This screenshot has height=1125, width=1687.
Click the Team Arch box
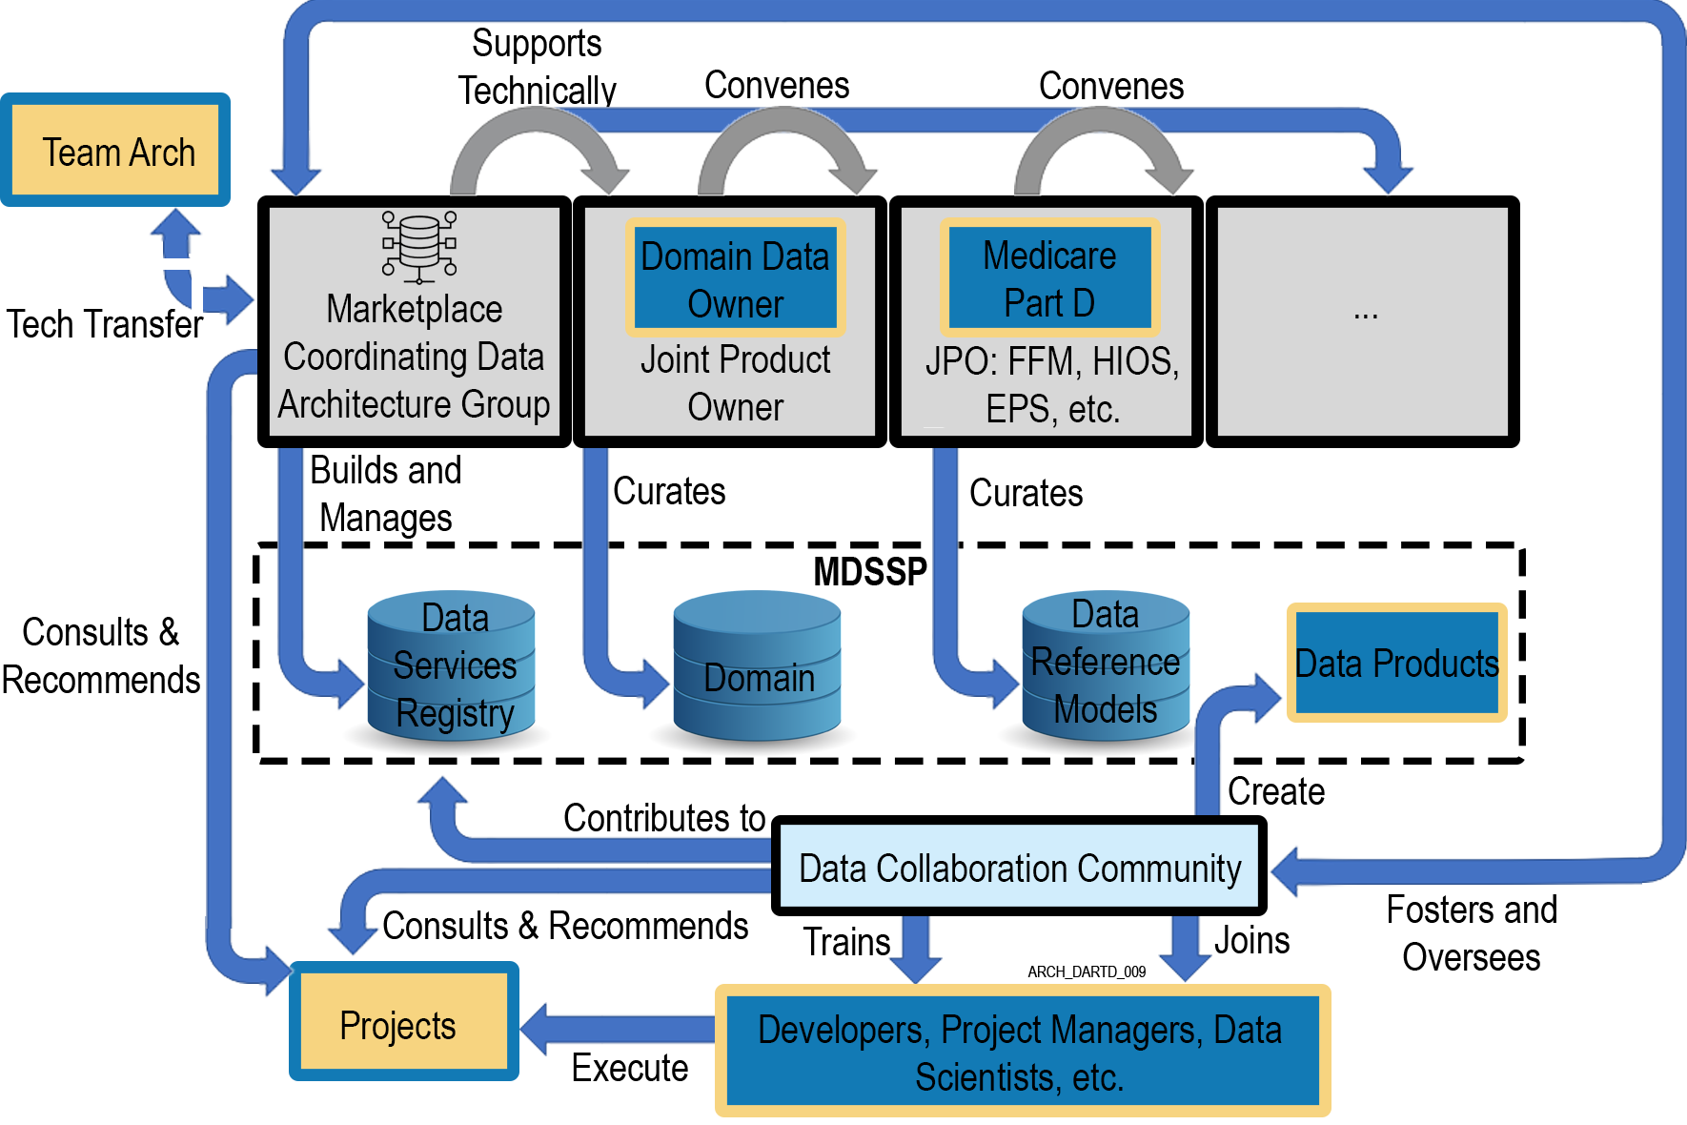pos(115,152)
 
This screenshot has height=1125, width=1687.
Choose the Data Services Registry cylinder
pos(451,667)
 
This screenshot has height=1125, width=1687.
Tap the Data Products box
pos(1396,664)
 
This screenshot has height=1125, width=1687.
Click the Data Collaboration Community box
pos(1019,868)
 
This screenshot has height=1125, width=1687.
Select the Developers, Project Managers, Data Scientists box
pos(1021,1053)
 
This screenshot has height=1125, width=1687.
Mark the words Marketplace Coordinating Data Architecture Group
pos(414,357)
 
